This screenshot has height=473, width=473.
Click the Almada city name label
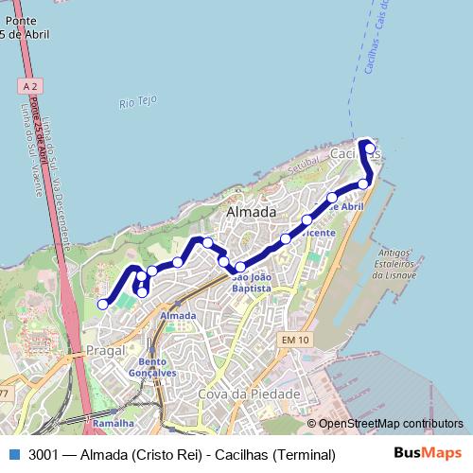click(x=252, y=213)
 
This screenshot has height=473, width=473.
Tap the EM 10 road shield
click(x=295, y=340)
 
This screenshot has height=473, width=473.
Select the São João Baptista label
click(x=252, y=282)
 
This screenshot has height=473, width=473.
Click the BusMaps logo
click(x=428, y=454)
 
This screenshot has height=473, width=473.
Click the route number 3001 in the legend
click(x=44, y=454)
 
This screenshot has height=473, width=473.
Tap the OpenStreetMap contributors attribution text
click(x=390, y=424)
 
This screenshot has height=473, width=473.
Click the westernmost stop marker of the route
click(x=103, y=304)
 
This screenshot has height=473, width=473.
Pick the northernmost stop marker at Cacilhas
click(x=369, y=148)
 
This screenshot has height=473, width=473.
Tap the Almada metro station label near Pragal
click(x=179, y=315)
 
